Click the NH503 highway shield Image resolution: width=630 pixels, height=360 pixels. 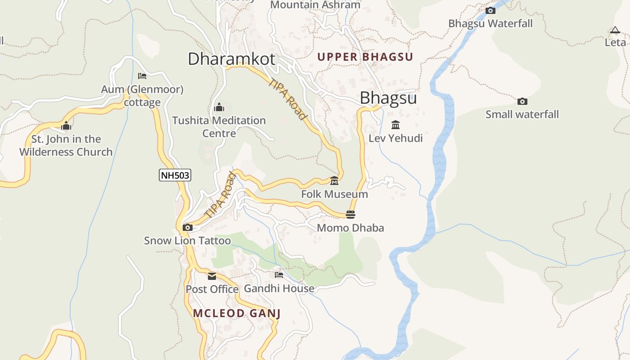click(x=175, y=175)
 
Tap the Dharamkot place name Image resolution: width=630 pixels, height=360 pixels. click(x=231, y=59)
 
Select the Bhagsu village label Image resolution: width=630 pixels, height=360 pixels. click(x=388, y=98)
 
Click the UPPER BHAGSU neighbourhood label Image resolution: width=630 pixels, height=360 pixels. click(x=365, y=57)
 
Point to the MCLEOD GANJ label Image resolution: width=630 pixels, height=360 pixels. click(x=237, y=313)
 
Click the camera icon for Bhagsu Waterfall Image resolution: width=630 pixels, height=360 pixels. click(x=490, y=10)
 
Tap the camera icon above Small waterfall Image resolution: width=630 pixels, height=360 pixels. click(x=522, y=101)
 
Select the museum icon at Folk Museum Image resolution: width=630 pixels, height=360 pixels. click(x=334, y=181)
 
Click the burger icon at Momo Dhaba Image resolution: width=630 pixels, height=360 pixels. click(x=351, y=214)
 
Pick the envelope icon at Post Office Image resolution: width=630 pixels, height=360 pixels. click(x=212, y=276)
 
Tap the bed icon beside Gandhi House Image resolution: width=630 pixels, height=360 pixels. click(x=279, y=274)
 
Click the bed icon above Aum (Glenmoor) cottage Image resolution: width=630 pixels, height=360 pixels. click(x=142, y=76)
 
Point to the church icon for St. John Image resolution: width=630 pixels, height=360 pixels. click(x=66, y=126)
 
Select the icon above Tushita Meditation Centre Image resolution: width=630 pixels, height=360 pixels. click(x=219, y=107)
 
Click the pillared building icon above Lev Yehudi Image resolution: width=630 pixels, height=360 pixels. click(x=396, y=125)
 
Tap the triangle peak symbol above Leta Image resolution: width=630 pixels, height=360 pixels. click(x=615, y=30)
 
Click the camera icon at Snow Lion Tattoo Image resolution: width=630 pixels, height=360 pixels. click(x=188, y=227)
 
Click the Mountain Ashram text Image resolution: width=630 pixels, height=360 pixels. click(x=315, y=5)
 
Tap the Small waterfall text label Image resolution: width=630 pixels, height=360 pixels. click(x=522, y=114)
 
